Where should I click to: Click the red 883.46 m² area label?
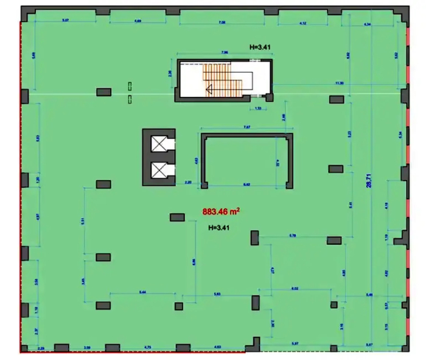click(220, 212)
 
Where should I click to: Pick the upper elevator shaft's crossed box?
click(159, 144)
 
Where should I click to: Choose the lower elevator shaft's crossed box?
click(159, 170)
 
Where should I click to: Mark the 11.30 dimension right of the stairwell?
click(338, 83)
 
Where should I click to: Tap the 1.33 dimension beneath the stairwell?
click(258, 108)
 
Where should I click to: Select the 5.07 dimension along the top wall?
click(65, 21)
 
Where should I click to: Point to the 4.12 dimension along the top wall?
click(302, 23)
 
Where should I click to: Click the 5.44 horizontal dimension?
click(142, 293)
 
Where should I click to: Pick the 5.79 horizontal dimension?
click(292, 235)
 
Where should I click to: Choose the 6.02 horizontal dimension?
click(295, 289)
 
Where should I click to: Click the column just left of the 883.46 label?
click(177, 216)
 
